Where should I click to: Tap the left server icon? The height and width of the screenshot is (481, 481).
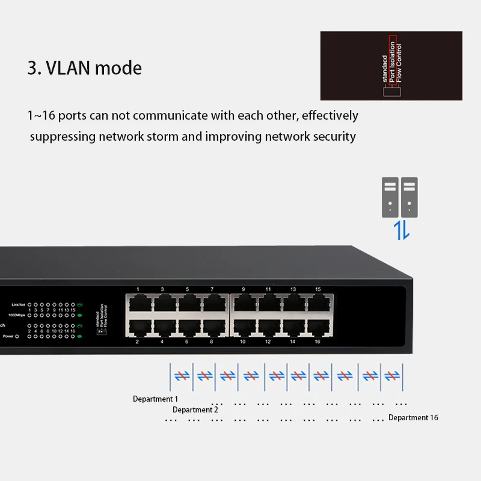pyautogui.click(x=390, y=197)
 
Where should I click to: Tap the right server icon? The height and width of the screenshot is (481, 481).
pyautogui.click(x=409, y=197)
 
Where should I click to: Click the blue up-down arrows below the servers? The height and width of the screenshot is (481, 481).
pyautogui.click(x=402, y=230)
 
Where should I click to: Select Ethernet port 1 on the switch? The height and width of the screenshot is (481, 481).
pyautogui.click(x=138, y=304)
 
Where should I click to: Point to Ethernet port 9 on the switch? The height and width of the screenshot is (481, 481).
pyautogui.click(x=244, y=304)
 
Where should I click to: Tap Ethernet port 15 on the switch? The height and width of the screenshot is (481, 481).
pyautogui.click(x=317, y=304)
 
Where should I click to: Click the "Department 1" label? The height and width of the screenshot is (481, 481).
pyautogui.click(x=155, y=399)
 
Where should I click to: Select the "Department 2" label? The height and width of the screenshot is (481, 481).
pyautogui.click(x=195, y=410)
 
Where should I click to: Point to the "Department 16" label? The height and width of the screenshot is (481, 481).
pyautogui.click(x=413, y=418)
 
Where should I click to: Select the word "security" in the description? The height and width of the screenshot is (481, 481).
pyautogui.click(x=334, y=136)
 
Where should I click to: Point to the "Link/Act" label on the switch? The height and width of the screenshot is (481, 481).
pyautogui.click(x=20, y=305)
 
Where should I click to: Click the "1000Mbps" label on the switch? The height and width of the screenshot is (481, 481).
pyautogui.click(x=19, y=314)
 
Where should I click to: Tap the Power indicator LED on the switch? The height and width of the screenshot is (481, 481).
pyautogui.click(x=17, y=336)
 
